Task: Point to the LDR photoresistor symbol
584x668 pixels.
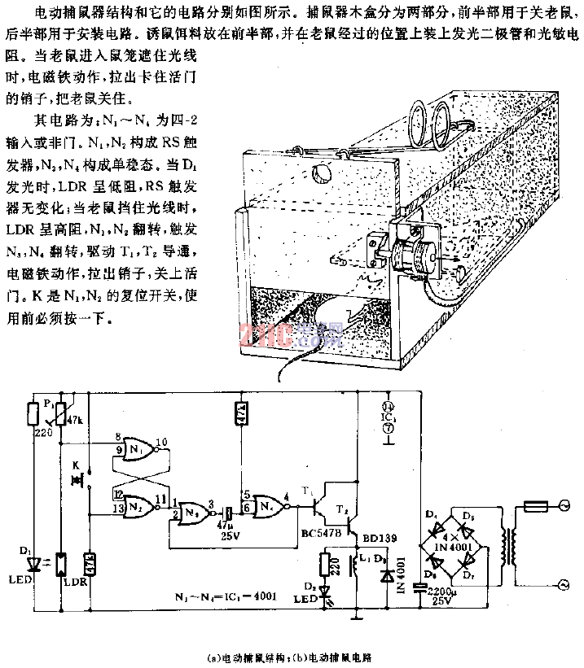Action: click(64, 561)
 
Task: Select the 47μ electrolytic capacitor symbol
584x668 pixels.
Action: click(230, 515)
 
